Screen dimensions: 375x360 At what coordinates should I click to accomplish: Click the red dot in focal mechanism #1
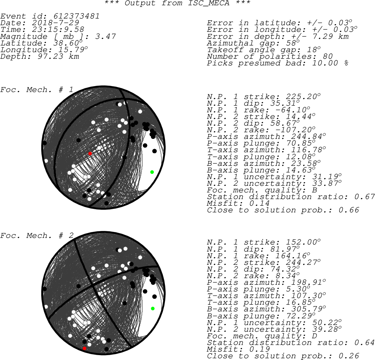(x=90, y=154)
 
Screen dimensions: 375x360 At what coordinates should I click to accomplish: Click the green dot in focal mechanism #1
(x=152, y=172)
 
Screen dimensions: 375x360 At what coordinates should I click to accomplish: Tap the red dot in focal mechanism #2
(x=84, y=348)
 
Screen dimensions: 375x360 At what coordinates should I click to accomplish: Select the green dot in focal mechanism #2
(x=153, y=309)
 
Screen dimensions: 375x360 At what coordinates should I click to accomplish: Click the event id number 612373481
(x=76, y=16)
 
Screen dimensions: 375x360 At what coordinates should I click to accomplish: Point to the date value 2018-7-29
(x=55, y=23)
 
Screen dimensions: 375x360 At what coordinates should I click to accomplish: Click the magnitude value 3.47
(x=105, y=36)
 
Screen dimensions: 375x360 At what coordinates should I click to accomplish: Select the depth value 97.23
(x=50, y=56)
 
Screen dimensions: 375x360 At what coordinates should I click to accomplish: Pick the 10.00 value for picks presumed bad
(x=325, y=63)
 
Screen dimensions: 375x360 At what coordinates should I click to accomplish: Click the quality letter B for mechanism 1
(x=314, y=190)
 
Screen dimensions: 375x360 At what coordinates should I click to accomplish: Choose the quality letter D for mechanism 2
(x=314, y=336)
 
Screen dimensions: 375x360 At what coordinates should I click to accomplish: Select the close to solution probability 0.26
(x=349, y=356)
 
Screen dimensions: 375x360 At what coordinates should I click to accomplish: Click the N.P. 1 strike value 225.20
(x=301, y=97)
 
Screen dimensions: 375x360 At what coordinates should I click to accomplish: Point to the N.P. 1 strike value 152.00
(x=301, y=242)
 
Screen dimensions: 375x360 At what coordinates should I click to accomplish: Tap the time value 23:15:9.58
(x=58, y=29)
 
